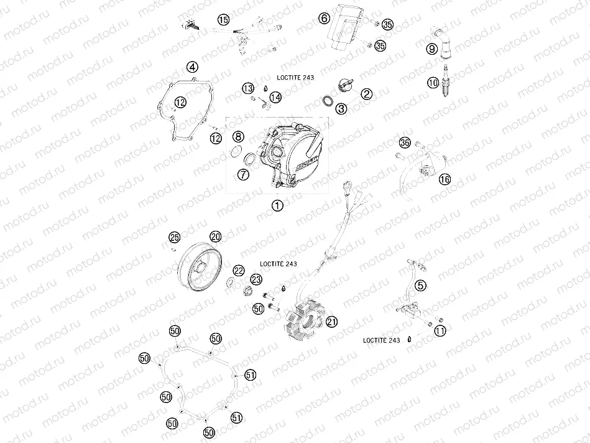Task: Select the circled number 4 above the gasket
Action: pyautogui.click(x=193, y=67)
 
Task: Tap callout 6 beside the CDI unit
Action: pyautogui.click(x=324, y=18)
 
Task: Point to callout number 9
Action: pyautogui.click(x=431, y=48)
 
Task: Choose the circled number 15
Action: pyautogui.click(x=223, y=20)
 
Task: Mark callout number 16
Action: pyautogui.click(x=445, y=179)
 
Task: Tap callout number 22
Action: pyautogui.click(x=239, y=270)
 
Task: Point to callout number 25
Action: pyautogui.click(x=174, y=237)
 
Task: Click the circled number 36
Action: pyautogui.click(x=405, y=142)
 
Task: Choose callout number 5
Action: pyautogui.click(x=421, y=286)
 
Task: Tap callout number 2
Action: pyautogui.click(x=367, y=94)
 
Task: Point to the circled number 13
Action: pyautogui.click(x=248, y=88)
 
